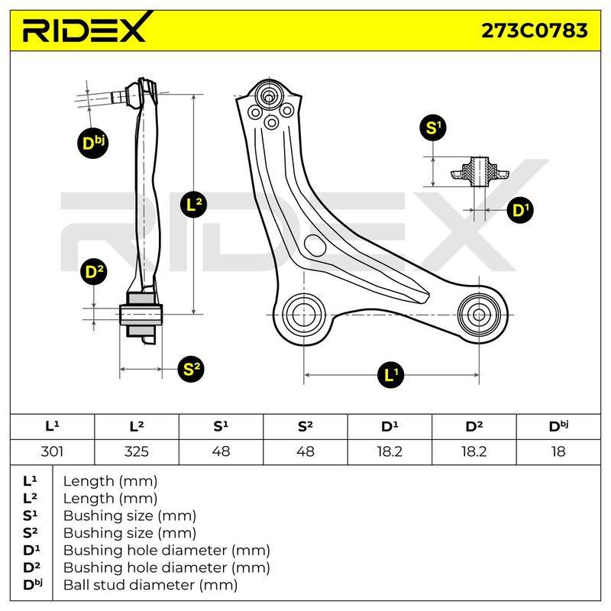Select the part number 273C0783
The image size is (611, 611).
click(x=534, y=31)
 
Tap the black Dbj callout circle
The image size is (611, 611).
click(x=92, y=143)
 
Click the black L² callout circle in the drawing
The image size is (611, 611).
click(x=194, y=205)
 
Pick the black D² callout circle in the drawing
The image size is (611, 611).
click(x=93, y=272)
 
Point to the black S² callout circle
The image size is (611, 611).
click(x=190, y=368)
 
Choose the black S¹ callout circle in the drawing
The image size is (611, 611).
click(x=433, y=128)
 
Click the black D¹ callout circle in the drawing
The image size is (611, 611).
click(x=520, y=211)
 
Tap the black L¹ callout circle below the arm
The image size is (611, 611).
click(x=390, y=375)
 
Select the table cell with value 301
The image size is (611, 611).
click(x=52, y=452)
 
